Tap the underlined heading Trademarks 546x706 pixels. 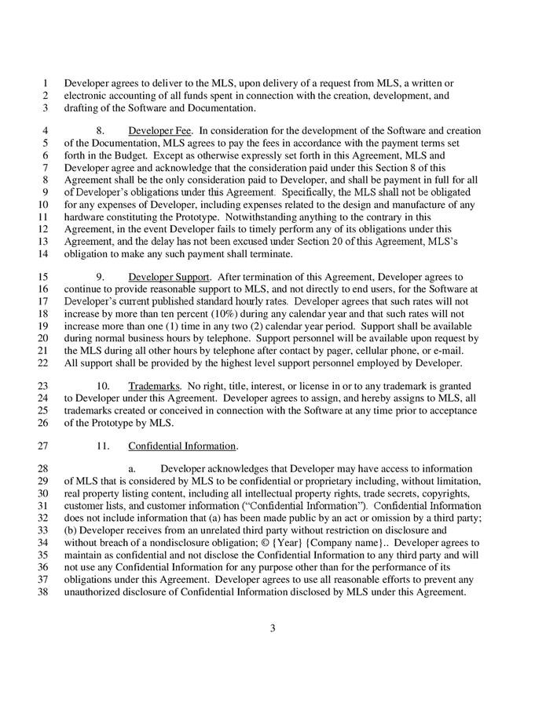coord(153,386)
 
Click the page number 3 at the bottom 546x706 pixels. coord(273,628)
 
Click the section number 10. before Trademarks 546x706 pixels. coord(103,386)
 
